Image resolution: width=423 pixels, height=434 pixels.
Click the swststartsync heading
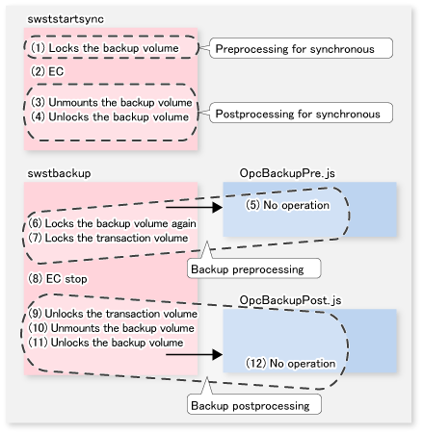[66, 19]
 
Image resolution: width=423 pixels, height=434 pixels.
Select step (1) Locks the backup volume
[105, 48]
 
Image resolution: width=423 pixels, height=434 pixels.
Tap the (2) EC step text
[47, 71]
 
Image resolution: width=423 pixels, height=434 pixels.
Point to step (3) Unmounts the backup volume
[112, 102]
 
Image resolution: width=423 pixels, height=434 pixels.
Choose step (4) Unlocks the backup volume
[110, 116]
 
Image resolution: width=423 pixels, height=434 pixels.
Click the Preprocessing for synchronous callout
[301, 48]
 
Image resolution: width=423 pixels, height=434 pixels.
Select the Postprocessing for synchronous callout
[301, 114]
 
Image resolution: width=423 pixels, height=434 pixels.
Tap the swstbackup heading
[59, 173]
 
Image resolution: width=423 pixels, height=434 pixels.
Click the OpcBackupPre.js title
[287, 173]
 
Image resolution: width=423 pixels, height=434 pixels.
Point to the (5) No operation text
[287, 205]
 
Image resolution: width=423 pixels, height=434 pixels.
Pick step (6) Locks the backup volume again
[112, 223]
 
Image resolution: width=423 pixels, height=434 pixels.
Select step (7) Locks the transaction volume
[108, 238]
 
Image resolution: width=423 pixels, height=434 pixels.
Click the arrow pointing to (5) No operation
[195, 207]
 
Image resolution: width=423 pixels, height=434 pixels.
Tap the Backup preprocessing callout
[253, 268]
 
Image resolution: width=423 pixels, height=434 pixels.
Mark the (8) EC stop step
[58, 279]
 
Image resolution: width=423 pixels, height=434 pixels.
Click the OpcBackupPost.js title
[290, 300]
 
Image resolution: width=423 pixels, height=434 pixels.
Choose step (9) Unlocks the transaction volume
[113, 314]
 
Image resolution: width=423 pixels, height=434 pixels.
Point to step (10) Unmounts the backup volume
[111, 328]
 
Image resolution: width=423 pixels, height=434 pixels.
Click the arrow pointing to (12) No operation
[195, 354]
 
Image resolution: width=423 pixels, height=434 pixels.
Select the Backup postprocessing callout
[254, 405]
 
